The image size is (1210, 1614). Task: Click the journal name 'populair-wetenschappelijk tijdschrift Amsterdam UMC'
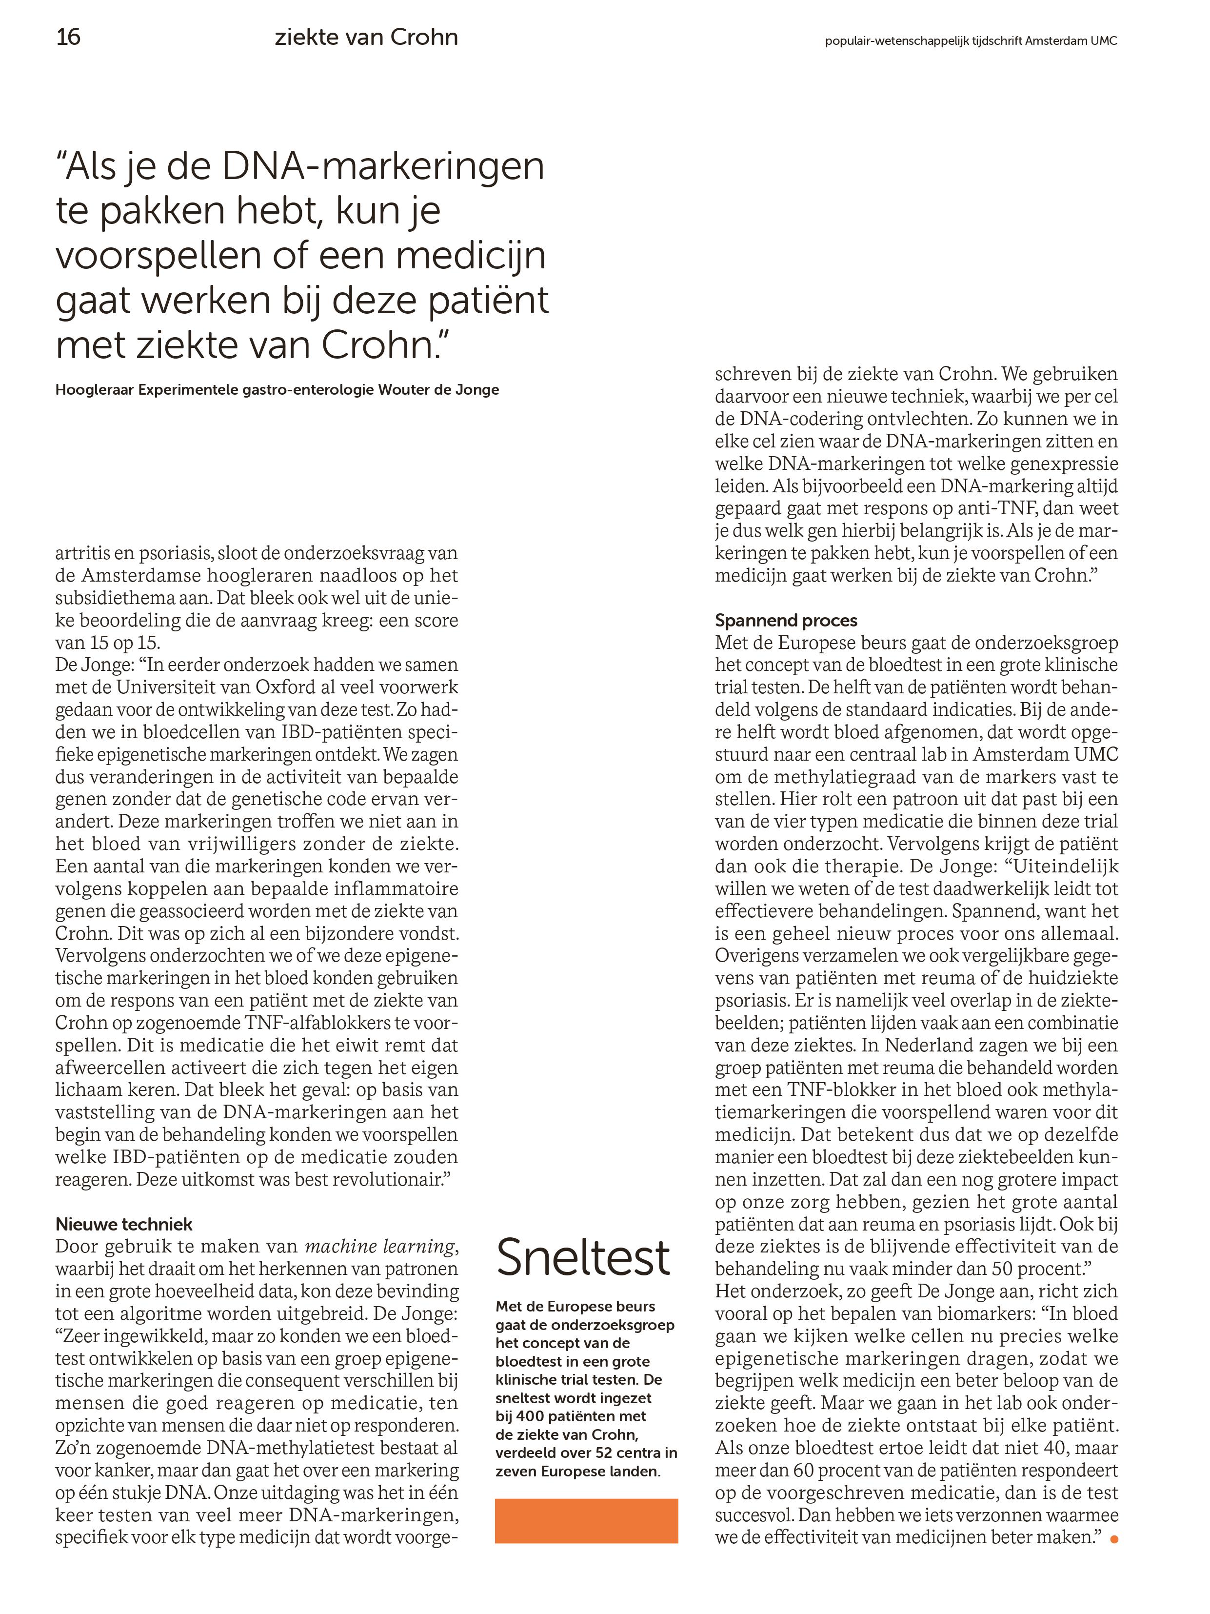[970, 41]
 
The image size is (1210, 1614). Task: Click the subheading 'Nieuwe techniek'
[124, 1224]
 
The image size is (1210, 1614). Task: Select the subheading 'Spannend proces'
[786, 620]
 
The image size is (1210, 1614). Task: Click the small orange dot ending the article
[1113, 1539]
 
